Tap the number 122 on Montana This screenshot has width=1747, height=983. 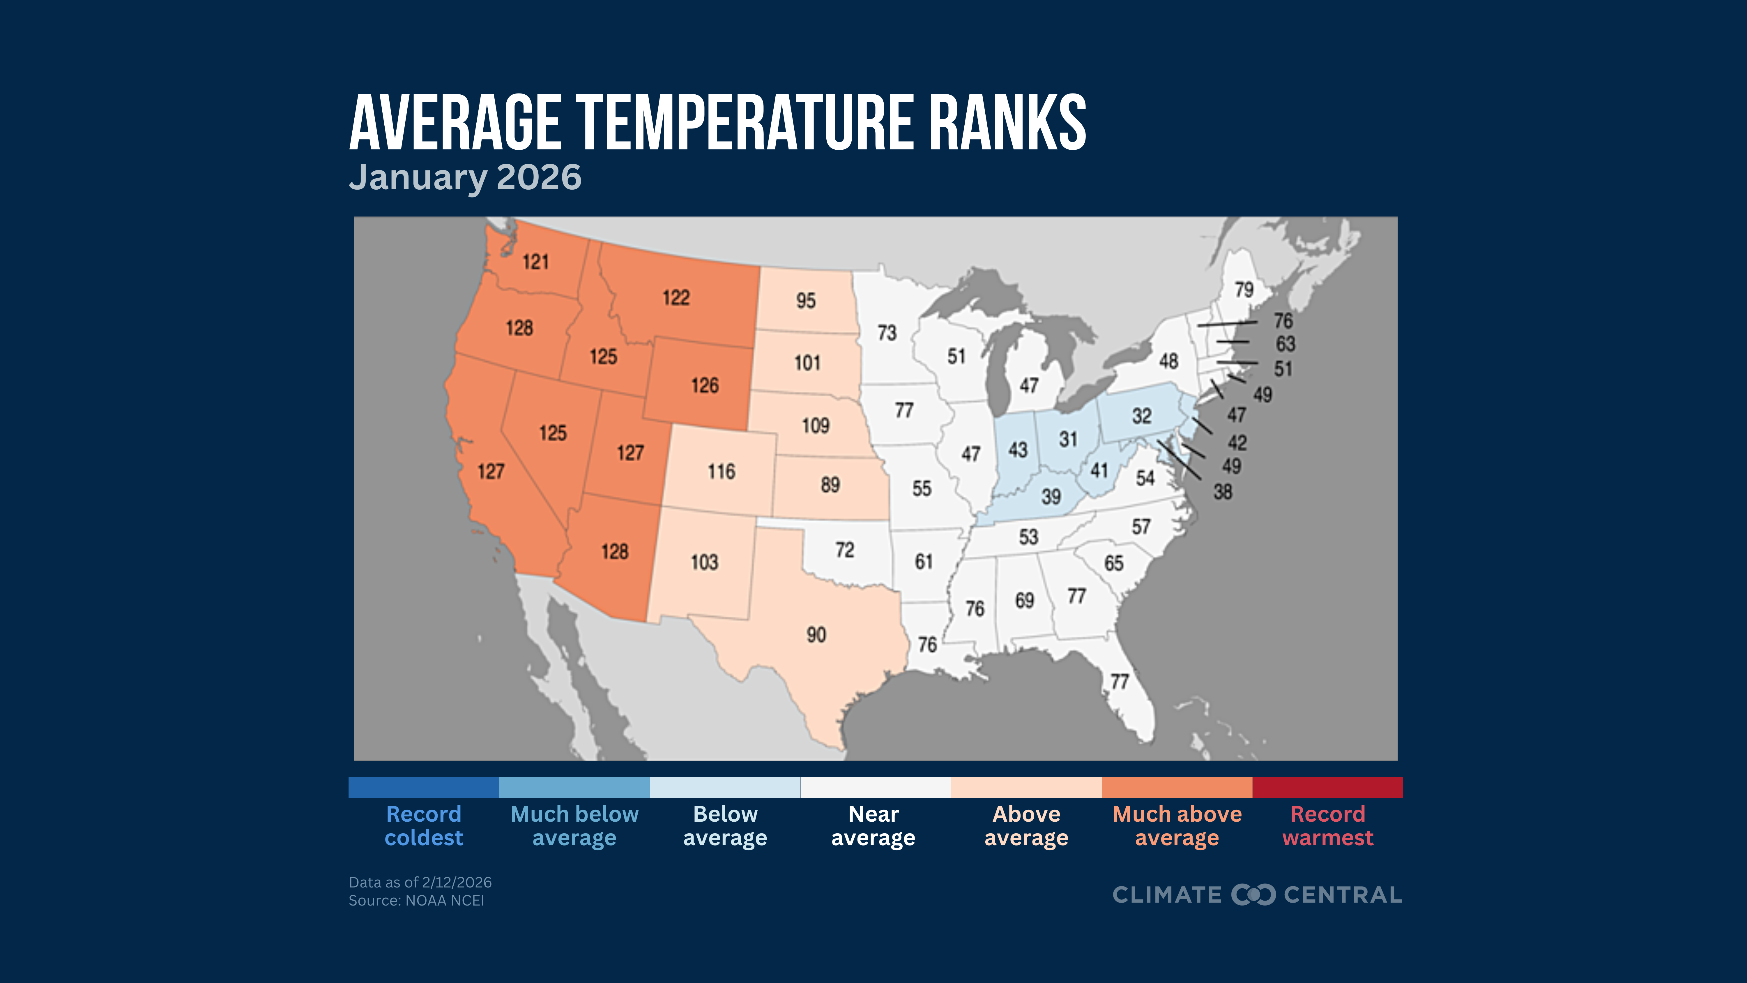(x=676, y=298)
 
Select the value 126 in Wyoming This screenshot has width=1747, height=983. (x=705, y=386)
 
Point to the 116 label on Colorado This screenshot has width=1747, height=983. (x=721, y=472)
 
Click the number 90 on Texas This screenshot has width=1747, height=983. (x=816, y=635)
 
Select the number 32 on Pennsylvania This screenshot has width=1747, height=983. (x=1141, y=416)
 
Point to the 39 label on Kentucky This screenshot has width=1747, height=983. (x=1051, y=497)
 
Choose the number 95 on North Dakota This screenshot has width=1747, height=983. (x=806, y=301)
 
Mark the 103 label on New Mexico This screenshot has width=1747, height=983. (x=704, y=562)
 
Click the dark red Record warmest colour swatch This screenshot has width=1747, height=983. (x=1327, y=787)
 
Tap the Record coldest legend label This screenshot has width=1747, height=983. (x=424, y=826)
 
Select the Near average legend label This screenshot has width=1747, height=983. (x=873, y=826)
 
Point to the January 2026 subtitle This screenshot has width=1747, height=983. (x=465, y=178)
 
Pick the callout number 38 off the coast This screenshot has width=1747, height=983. (x=1222, y=492)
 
